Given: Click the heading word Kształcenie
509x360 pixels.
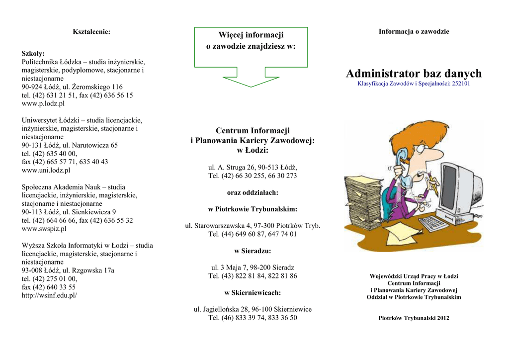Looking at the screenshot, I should click(91, 32).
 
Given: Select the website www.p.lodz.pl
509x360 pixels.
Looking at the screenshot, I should click(43, 104).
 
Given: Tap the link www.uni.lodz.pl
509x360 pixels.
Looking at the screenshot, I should click(46, 170).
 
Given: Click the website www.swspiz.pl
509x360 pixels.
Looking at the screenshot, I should click(44, 229).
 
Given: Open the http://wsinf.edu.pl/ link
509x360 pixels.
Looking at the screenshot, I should click(50, 295).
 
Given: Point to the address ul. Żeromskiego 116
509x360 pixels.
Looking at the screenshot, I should click(93, 87).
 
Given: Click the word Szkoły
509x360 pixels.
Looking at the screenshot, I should click(33, 53).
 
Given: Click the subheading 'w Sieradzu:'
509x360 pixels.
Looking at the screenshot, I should click(253, 251).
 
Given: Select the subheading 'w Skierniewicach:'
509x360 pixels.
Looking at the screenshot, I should click(253, 292).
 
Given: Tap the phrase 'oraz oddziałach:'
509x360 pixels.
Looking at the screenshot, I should click(253, 192).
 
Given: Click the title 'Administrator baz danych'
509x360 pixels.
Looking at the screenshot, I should click(414, 74).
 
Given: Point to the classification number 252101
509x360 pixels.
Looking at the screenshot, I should click(461, 84).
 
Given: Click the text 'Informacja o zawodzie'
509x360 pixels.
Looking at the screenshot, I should click(414, 32).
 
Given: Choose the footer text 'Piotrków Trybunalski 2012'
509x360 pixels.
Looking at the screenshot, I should click(414, 318).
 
